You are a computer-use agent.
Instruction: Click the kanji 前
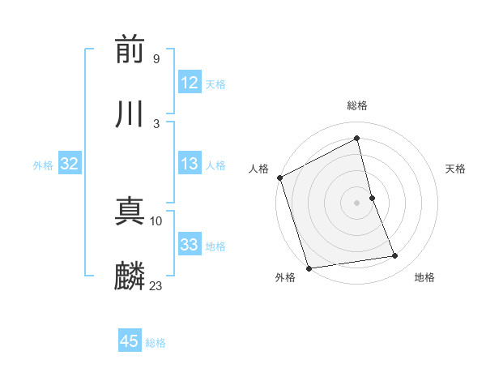(130, 50)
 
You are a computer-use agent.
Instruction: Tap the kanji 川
(130, 114)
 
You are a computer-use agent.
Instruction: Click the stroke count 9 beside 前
(156, 58)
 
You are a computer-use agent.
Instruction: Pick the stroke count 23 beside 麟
(156, 285)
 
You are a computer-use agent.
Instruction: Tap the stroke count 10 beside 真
(156, 220)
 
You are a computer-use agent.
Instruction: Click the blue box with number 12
(190, 83)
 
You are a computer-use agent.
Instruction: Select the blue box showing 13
(190, 164)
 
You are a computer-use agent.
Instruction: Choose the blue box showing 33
(190, 245)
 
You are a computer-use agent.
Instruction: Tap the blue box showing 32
(70, 164)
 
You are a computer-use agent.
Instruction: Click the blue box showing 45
(130, 341)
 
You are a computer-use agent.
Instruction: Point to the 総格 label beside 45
(156, 343)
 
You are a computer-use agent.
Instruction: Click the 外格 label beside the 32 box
(43, 165)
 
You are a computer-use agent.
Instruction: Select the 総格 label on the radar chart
(357, 105)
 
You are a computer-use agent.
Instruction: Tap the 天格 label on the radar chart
(455, 169)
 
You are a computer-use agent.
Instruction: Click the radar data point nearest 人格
(280, 178)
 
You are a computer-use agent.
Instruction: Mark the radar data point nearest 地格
(395, 256)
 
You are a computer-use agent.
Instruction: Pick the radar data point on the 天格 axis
(372, 197)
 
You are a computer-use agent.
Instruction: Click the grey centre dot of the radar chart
(357, 202)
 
